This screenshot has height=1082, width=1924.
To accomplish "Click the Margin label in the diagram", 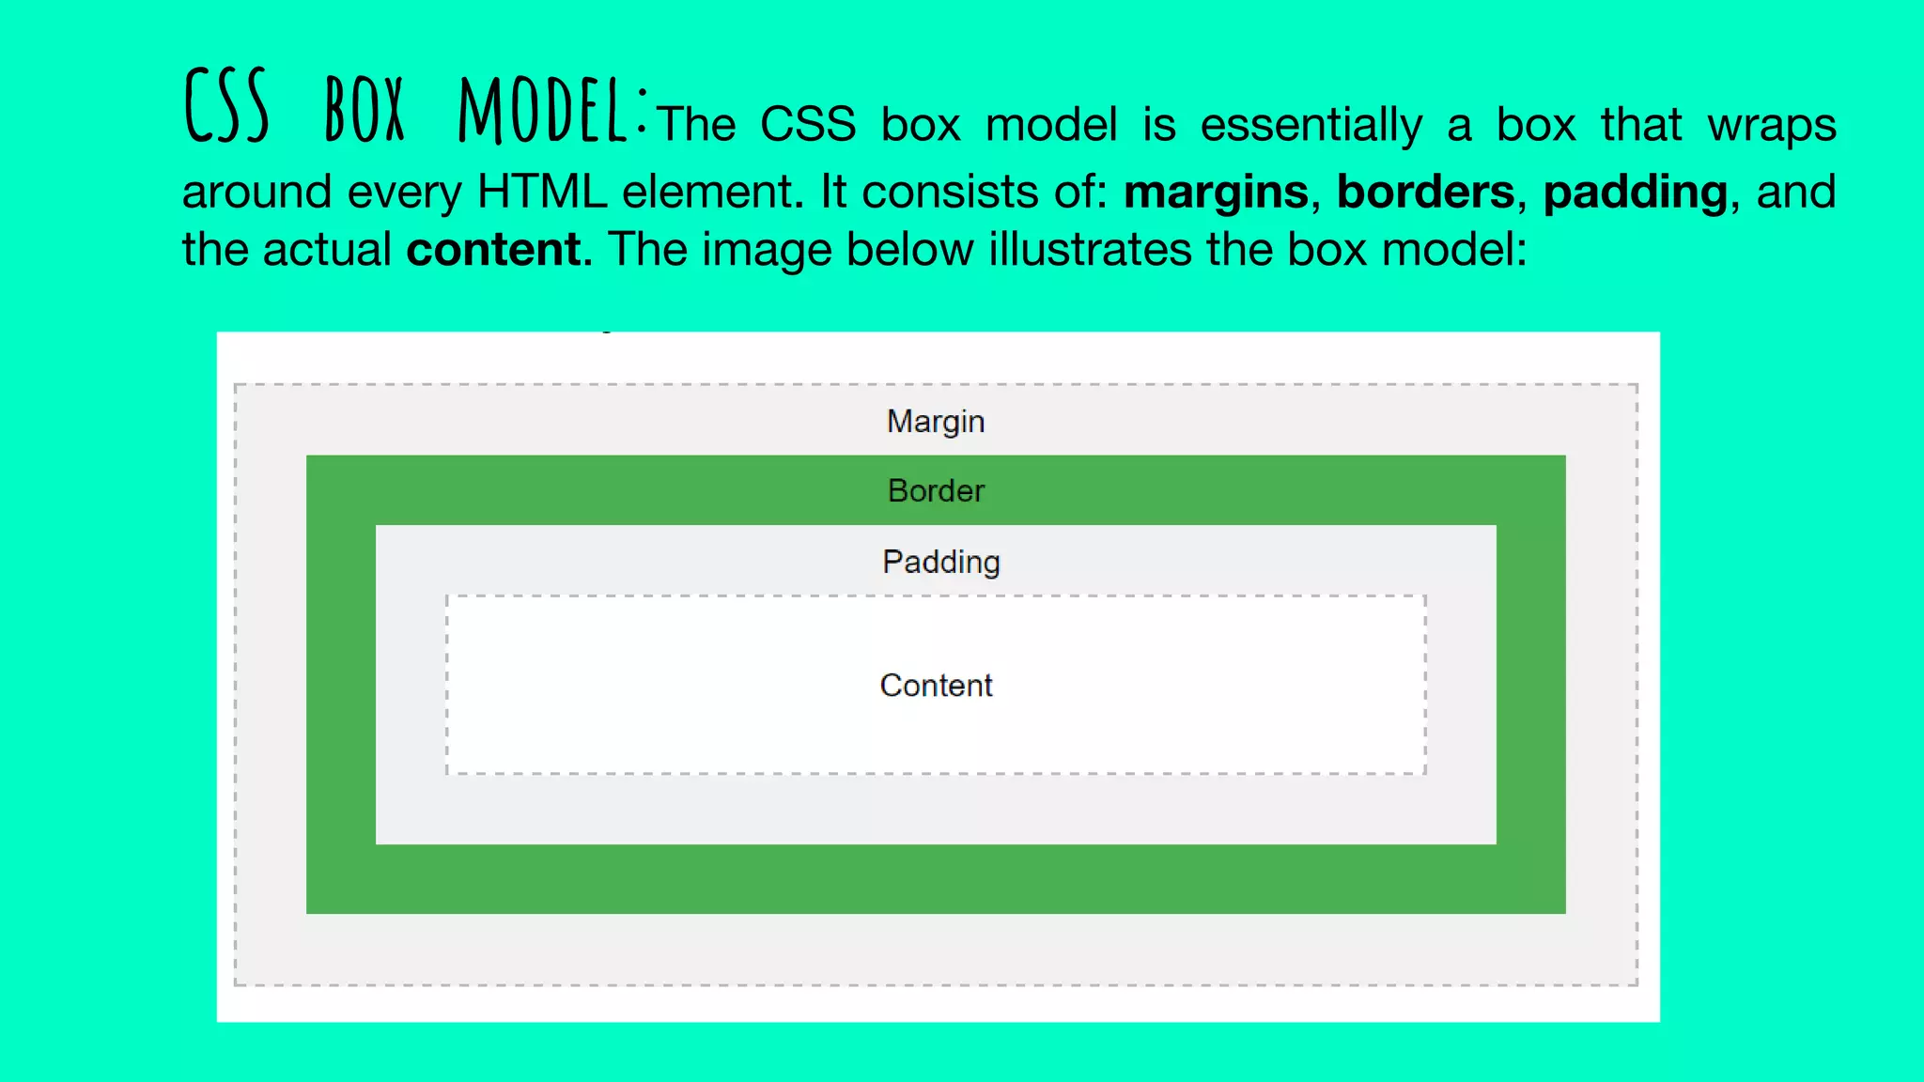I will [936, 422].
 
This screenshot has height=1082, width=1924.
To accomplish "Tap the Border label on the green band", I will [936, 491].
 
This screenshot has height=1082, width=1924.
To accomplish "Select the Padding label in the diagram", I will [941, 562].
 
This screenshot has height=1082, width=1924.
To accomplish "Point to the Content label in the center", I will [936, 686].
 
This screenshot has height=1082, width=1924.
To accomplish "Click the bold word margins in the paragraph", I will [1216, 193].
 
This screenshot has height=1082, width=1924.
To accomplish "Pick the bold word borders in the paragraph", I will [1425, 192].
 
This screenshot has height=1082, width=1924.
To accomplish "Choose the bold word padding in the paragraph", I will [1635, 193].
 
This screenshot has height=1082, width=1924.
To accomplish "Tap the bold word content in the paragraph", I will [494, 250].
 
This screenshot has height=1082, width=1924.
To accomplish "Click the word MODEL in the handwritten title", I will [543, 111].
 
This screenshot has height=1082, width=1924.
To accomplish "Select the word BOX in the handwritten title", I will [365, 111].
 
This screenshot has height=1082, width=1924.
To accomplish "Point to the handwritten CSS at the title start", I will [226, 107].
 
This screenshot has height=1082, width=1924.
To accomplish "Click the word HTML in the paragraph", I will [542, 192].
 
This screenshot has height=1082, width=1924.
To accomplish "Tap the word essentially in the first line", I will [1311, 126].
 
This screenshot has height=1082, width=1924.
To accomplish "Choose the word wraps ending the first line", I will [1771, 126].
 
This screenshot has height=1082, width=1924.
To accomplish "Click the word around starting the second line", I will [256, 192].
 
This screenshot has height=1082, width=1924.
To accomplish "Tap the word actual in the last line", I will [326, 250].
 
